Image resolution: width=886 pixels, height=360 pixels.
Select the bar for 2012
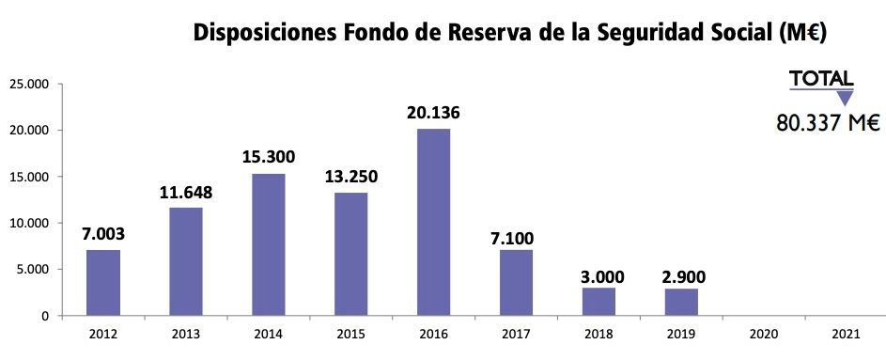tap(102, 283)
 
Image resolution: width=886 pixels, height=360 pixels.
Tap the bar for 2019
tap(681, 302)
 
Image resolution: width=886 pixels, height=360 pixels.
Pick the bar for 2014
tap(268, 244)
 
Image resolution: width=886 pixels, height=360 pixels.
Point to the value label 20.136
tap(433, 113)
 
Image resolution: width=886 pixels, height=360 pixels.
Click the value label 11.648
tap(185, 193)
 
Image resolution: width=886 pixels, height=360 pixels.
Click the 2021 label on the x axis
tap(847, 335)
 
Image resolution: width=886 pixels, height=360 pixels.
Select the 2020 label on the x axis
tap(764, 335)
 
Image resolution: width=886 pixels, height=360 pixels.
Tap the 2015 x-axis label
tap(350, 335)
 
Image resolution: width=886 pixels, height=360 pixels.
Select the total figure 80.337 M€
tap(827, 122)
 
